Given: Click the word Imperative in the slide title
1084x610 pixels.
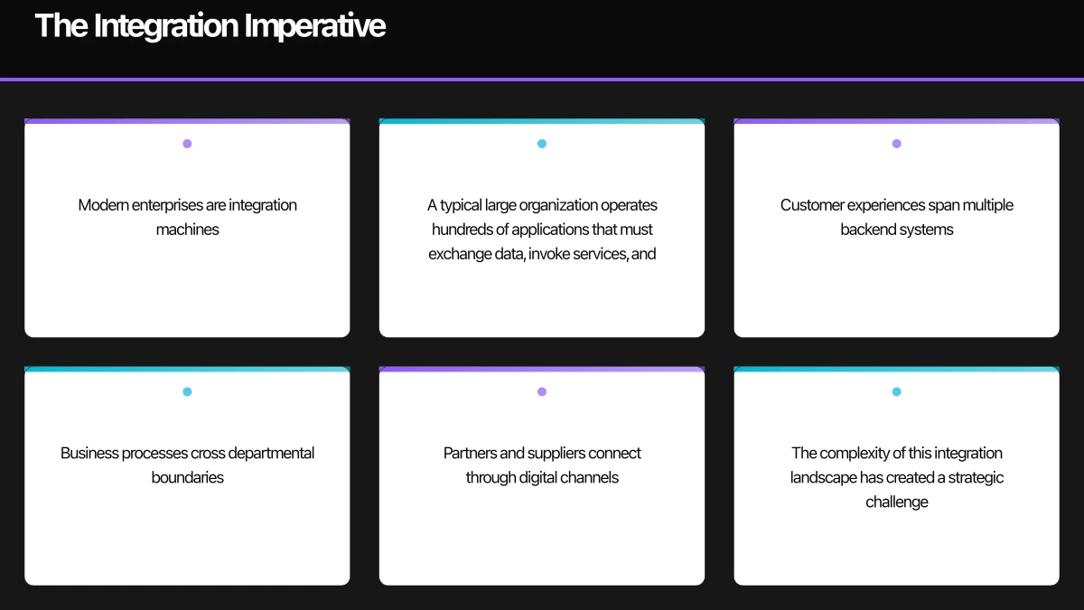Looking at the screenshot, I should click(319, 26).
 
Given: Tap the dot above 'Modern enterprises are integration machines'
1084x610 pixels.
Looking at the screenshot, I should click(187, 144).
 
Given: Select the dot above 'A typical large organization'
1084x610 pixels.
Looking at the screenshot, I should click(542, 144).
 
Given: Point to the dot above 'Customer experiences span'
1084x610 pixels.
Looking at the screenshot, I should click(896, 144).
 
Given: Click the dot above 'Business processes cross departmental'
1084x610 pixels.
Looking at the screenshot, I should click(187, 392).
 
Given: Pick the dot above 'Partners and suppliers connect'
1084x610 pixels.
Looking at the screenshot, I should click(542, 392).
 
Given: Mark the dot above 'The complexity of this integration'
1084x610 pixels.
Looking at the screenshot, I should click(896, 392).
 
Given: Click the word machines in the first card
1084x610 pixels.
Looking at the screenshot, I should click(187, 230).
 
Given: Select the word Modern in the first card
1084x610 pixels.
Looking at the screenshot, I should click(103, 205).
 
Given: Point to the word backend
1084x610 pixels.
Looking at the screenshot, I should click(868, 230).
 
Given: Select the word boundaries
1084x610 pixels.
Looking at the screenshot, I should click(187, 477).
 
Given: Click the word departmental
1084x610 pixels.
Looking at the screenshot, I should click(271, 453).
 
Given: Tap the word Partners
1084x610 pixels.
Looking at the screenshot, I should click(470, 453).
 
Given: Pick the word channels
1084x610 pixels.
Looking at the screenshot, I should click(589, 477).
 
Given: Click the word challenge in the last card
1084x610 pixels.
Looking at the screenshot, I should click(896, 502).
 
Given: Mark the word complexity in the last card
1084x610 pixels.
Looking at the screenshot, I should click(859, 453).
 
